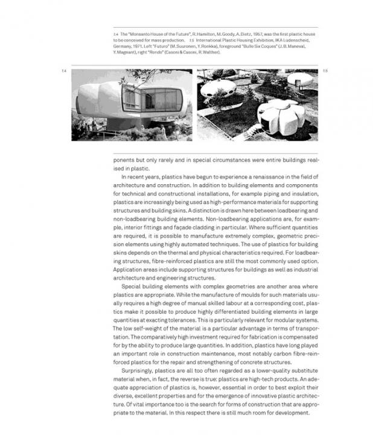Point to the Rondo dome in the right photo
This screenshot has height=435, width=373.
[x=299, y=79]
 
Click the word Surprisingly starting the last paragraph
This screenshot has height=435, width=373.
[x=138, y=370]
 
